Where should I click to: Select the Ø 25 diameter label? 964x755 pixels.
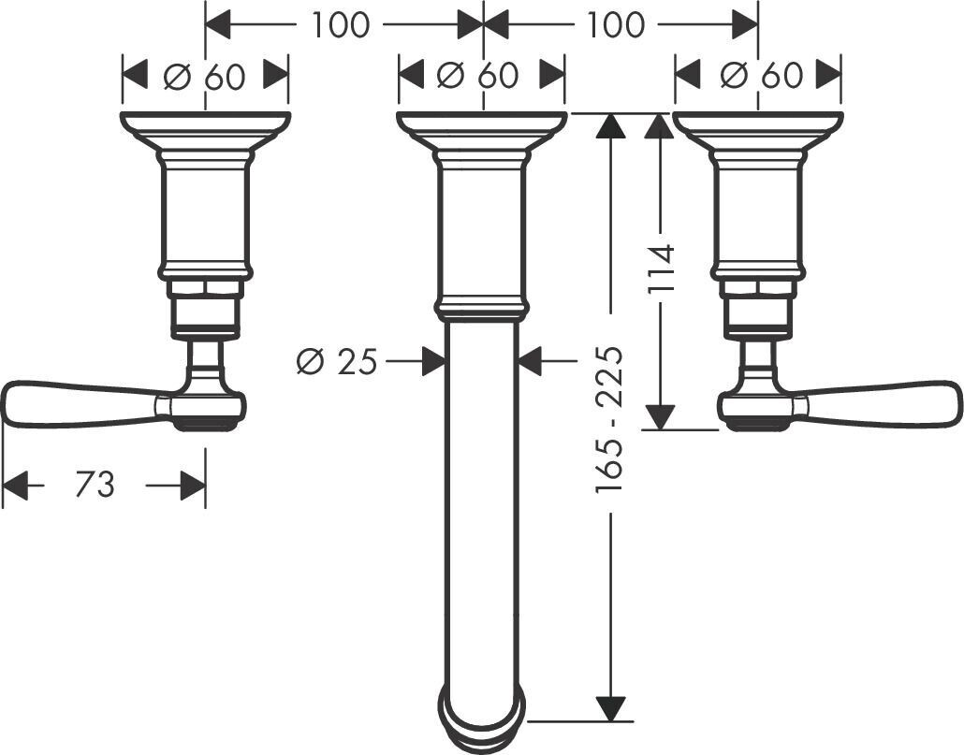coord(336,361)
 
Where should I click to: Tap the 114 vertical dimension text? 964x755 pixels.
coord(662,269)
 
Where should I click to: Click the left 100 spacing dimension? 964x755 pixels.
coord(341,25)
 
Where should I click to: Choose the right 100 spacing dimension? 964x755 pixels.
coord(617,25)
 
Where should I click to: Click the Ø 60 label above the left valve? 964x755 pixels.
coord(205,77)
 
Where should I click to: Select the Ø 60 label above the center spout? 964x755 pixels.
coord(481,77)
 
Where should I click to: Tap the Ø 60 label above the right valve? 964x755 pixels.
coord(758,77)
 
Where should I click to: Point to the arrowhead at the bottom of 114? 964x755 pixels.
coord(662,415)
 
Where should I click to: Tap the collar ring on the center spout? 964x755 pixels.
coord(481,308)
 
